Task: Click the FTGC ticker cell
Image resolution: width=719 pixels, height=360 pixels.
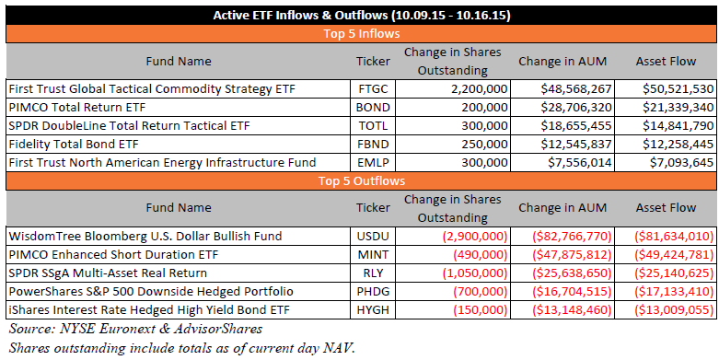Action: [373, 89]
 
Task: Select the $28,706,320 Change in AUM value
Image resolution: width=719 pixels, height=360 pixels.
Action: [576, 108]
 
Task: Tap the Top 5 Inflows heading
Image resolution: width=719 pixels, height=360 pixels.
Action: [361, 34]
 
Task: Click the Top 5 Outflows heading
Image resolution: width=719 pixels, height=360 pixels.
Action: [361, 181]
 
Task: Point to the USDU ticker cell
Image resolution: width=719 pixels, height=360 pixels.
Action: [373, 237]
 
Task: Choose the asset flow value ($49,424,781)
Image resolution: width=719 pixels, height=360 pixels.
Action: [675, 254]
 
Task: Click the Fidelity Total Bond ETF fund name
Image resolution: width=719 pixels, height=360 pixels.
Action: [74, 144]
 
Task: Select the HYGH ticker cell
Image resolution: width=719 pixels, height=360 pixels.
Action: [373, 310]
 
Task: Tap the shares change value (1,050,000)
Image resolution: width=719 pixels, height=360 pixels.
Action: [475, 273]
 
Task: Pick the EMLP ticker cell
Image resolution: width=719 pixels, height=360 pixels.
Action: [373, 162]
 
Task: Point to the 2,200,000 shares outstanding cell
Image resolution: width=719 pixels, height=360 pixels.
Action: [479, 89]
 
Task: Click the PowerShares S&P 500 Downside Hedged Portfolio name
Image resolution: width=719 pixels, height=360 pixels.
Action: [151, 292]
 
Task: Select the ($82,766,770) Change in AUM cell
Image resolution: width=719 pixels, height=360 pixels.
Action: [572, 237]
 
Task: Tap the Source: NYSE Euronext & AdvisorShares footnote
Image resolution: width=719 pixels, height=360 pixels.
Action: [135, 329]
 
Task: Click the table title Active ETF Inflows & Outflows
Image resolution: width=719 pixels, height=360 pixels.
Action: [361, 16]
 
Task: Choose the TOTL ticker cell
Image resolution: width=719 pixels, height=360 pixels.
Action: [373, 125]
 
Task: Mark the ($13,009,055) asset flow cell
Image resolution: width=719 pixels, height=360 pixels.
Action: [675, 310]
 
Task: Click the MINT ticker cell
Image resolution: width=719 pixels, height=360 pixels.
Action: [373, 254]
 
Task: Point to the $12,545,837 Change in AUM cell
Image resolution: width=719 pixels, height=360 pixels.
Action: [576, 144]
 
